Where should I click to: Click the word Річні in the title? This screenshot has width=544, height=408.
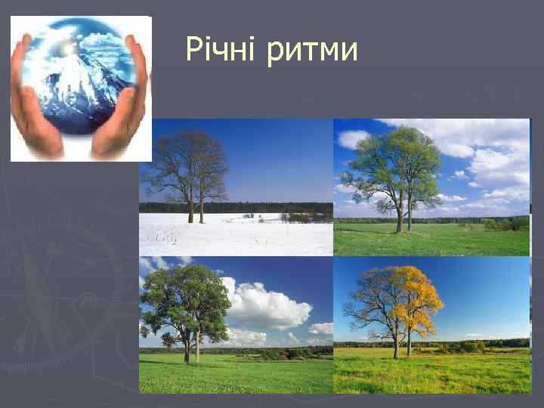[219, 51]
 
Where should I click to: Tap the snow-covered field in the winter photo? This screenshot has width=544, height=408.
[234, 236]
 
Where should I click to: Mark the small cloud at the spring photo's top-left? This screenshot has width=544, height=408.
[352, 138]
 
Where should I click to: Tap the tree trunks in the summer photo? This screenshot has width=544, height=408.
[191, 350]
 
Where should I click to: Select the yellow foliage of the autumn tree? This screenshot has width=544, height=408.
[419, 298]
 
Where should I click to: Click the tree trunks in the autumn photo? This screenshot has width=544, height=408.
[401, 346]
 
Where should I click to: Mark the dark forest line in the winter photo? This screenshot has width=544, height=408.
[234, 207]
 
